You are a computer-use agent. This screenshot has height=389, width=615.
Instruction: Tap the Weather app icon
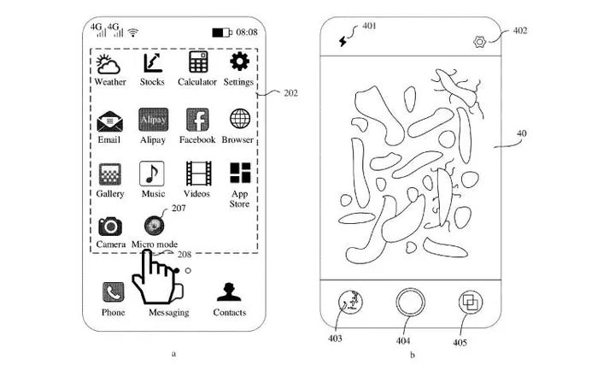[108, 64]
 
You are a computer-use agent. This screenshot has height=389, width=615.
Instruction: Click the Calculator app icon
[198, 62]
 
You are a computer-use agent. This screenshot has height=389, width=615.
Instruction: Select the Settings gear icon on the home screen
[240, 62]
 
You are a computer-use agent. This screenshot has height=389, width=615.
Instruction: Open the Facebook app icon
[197, 120]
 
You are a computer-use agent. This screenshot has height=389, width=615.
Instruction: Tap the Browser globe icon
[240, 119]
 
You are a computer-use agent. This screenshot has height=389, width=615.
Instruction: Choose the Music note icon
[152, 174]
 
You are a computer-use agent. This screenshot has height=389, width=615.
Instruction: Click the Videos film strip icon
[198, 174]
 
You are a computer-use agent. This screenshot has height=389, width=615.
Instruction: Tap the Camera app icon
[110, 226]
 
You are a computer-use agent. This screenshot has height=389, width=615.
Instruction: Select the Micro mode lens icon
[154, 226]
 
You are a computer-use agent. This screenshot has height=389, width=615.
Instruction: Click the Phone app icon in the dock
[114, 292]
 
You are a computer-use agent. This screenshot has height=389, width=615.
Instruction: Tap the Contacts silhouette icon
[229, 292]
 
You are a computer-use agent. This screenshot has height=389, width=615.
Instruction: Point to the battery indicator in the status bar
[222, 32]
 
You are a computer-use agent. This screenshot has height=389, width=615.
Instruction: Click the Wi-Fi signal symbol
[133, 32]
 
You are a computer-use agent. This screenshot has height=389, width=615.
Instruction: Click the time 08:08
[247, 32]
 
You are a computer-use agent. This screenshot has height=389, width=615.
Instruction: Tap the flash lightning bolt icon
[343, 41]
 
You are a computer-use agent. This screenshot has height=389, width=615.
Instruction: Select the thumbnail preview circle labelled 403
[350, 303]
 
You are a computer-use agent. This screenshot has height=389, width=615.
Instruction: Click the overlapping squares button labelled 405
[471, 303]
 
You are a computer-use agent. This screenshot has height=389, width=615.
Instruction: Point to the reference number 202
[290, 93]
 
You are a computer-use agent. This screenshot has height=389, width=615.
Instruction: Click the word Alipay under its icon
[153, 139]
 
